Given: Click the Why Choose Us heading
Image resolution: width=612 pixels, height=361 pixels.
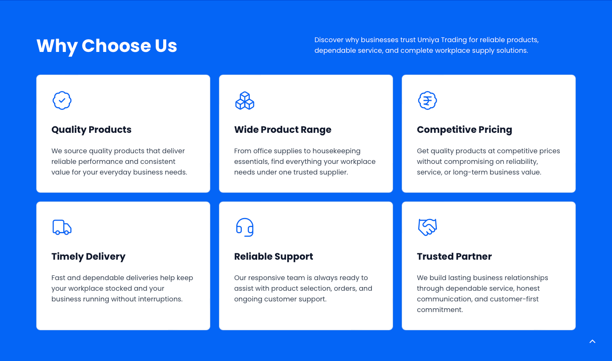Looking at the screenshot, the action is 107,46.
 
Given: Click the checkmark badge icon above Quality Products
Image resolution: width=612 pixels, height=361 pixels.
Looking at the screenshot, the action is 62,100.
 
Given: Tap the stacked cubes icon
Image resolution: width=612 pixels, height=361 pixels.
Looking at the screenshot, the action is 245,100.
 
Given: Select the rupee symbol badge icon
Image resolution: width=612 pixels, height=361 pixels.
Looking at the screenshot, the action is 428,100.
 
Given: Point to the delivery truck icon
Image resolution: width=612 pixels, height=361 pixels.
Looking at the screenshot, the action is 62,227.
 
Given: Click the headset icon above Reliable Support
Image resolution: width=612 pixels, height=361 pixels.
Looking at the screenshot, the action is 245,227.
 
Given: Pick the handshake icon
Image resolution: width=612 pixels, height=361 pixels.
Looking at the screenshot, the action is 428,227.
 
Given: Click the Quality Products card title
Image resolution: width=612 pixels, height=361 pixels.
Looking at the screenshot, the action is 91,130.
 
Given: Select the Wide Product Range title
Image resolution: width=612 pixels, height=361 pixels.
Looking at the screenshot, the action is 283,130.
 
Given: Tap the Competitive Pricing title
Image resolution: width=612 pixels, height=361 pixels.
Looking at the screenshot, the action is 465,130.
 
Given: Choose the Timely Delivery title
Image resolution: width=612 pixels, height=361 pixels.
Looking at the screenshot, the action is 88,257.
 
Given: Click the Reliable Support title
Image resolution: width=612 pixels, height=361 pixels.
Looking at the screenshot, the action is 274,257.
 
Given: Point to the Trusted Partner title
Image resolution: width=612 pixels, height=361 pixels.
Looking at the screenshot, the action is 454,256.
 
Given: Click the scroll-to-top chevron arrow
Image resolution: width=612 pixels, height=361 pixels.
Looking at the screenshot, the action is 592,341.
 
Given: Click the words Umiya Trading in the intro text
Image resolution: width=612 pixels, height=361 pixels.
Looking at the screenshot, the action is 442,40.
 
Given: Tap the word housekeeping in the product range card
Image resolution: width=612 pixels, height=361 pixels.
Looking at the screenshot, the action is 337,151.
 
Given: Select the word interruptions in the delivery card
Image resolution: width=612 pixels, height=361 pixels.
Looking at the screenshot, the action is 160,299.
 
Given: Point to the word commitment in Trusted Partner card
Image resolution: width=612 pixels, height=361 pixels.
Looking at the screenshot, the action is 440,310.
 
